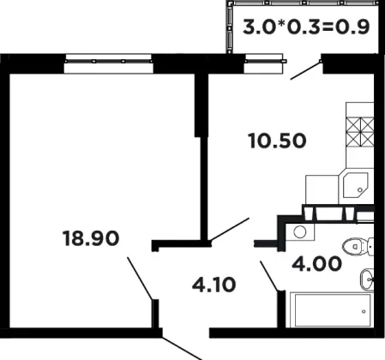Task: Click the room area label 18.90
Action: pyautogui.click(x=91, y=238)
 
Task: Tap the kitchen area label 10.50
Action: pyautogui.click(x=277, y=141)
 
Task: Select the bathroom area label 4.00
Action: pyautogui.click(x=316, y=263)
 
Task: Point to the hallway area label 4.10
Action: pyautogui.click(x=214, y=285)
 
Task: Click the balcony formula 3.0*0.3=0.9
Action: pyautogui.click(x=306, y=27)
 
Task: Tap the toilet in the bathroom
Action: pyautogui.click(x=358, y=246)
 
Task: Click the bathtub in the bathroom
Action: pyautogui.click(x=332, y=310)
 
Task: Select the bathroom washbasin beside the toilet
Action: pyautogui.click(x=367, y=279)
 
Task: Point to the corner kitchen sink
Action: pyautogui.click(x=356, y=186)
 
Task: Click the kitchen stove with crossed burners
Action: pyautogui.click(x=360, y=132)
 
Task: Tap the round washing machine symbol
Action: pyautogui.click(x=300, y=231)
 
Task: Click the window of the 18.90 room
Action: pyautogui.click(x=108, y=63)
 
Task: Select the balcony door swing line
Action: pyautogui.click(x=306, y=70)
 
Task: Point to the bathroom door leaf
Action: pyautogui.click(x=268, y=276)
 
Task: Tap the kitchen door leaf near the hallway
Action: pyautogui.click(x=230, y=229)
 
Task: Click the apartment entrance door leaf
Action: pyautogui.click(x=183, y=349)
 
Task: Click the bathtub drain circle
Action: pyautogui.click(x=364, y=311)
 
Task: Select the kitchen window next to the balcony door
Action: pyautogui.click(x=264, y=63)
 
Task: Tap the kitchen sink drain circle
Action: pyautogui.click(x=360, y=189)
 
